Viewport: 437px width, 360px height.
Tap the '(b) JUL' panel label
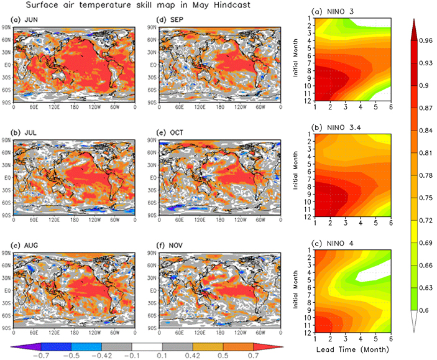coord(25,133)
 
